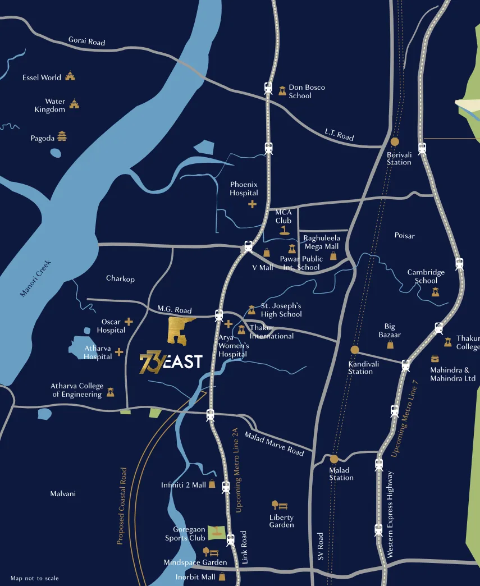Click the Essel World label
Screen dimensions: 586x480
pos(42,77)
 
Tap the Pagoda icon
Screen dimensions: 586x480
pos(62,136)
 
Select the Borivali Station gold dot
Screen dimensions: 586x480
pos(395,142)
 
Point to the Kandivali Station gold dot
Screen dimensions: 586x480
pos(354,350)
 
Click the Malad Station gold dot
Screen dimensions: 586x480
pos(334,459)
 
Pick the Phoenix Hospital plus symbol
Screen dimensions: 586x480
pos(252,204)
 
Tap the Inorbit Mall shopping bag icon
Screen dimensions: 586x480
pos(222,576)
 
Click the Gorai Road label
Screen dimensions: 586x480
pos(86,42)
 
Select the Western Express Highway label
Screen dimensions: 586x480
pos(390,514)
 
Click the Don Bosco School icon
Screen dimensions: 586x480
pos(282,91)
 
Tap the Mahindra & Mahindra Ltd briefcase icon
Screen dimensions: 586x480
pos(435,358)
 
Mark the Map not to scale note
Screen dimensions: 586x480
pos(34,578)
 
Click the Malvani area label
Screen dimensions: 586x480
pos(63,494)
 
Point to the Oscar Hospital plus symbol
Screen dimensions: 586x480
pos(129,322)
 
